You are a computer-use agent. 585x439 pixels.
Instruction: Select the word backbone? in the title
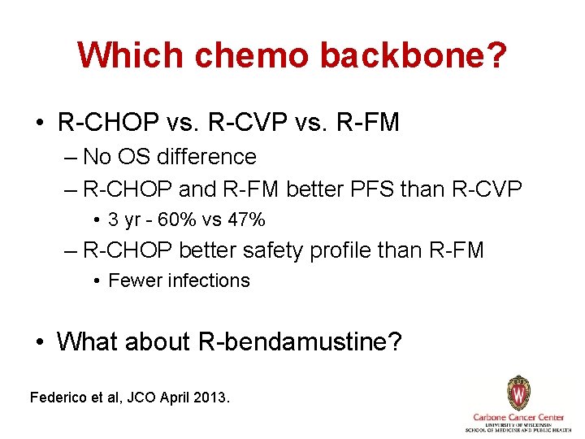click(414, 55)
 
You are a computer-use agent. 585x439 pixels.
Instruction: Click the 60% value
click(177, 219)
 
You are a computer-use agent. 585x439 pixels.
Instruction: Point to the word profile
click(339, 250)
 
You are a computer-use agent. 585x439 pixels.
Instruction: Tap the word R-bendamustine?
click(300, 341)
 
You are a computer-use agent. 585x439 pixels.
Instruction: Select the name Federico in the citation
click(57, 398)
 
